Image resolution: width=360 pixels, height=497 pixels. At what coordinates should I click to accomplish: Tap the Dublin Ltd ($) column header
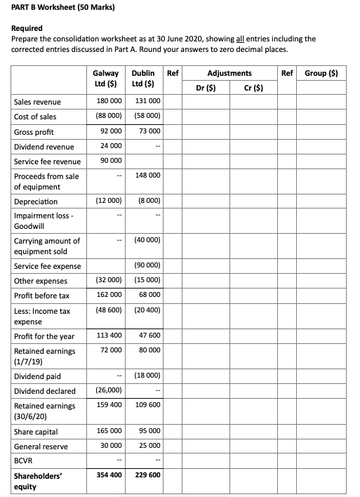click(x=142, y=79)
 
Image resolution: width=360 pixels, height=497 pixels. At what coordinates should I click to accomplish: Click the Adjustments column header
click(x=229, y=72)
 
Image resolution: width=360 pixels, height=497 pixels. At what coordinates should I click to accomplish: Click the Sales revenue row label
click(x=37, y=102)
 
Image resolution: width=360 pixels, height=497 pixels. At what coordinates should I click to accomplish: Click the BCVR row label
click(x=25, y=460)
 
